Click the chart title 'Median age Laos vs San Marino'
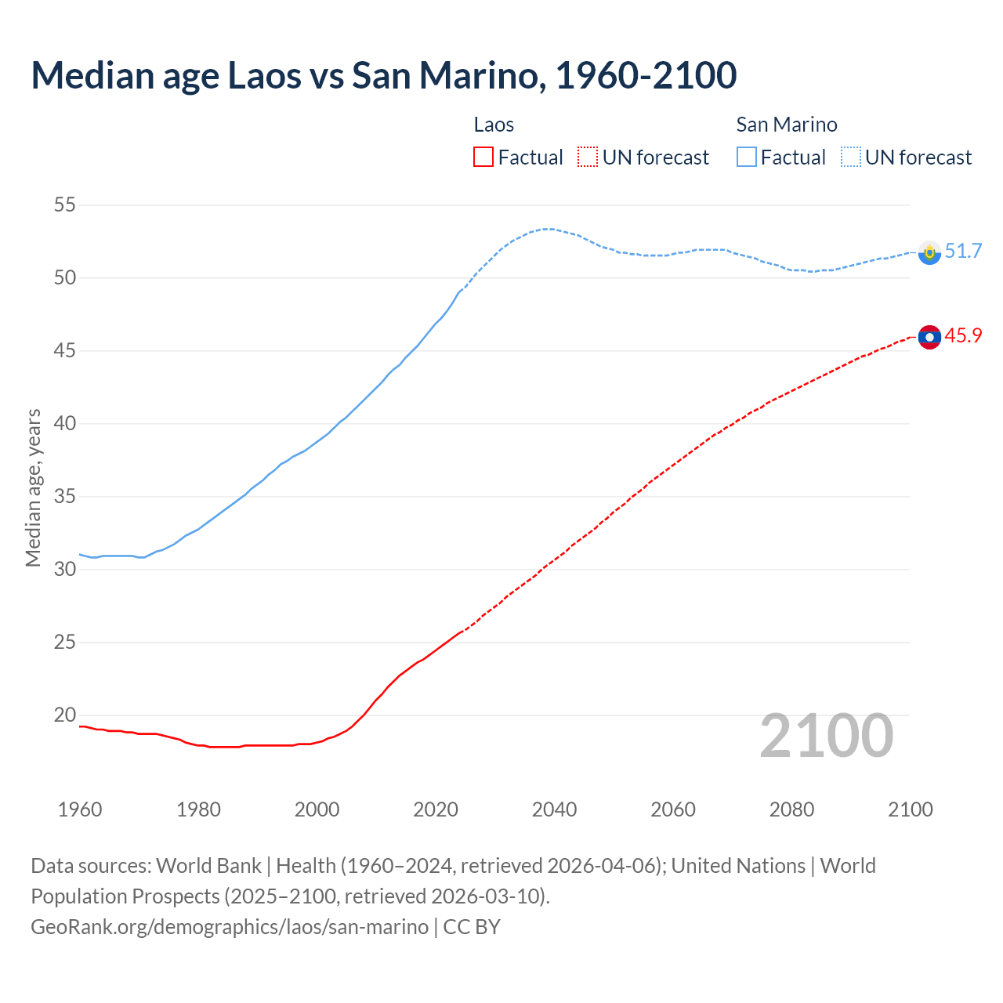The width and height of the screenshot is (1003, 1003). [x=384, y=75]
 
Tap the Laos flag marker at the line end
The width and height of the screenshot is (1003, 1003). [x=929, y=337]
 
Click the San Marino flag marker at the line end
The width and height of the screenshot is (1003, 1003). [x=929, y=252]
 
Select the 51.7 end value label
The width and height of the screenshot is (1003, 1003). [x=963, y=251]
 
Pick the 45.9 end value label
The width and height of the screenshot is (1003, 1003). [x=963, y=335]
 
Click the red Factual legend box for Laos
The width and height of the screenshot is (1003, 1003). [x=483, y=158]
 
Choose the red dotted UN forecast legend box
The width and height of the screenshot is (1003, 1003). [x=588, y=158]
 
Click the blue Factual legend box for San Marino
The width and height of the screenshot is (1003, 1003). [x=747, y=158]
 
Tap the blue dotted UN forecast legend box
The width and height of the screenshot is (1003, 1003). [x=851, y=158]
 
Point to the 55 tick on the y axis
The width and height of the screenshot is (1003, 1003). [x=64, y=205]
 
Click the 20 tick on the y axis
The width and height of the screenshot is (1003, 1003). [x=64, y=715]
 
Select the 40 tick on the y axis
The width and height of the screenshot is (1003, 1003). [x=64, y=424]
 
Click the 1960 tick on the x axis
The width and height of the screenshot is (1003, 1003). [x=80, y=809]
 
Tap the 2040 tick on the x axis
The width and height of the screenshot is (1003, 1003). [x=554, y=809]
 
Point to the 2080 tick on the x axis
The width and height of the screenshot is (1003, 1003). [x=791, y=809]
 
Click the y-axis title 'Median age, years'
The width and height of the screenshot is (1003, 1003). [x=33, y=487]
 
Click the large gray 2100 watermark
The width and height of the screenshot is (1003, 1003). [x=826, y=735]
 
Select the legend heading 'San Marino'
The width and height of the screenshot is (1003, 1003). [x=787, y=125]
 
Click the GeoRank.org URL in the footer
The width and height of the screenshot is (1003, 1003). [x=230, y=927]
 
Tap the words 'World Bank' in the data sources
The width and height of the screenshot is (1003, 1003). [x=208, y=866]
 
